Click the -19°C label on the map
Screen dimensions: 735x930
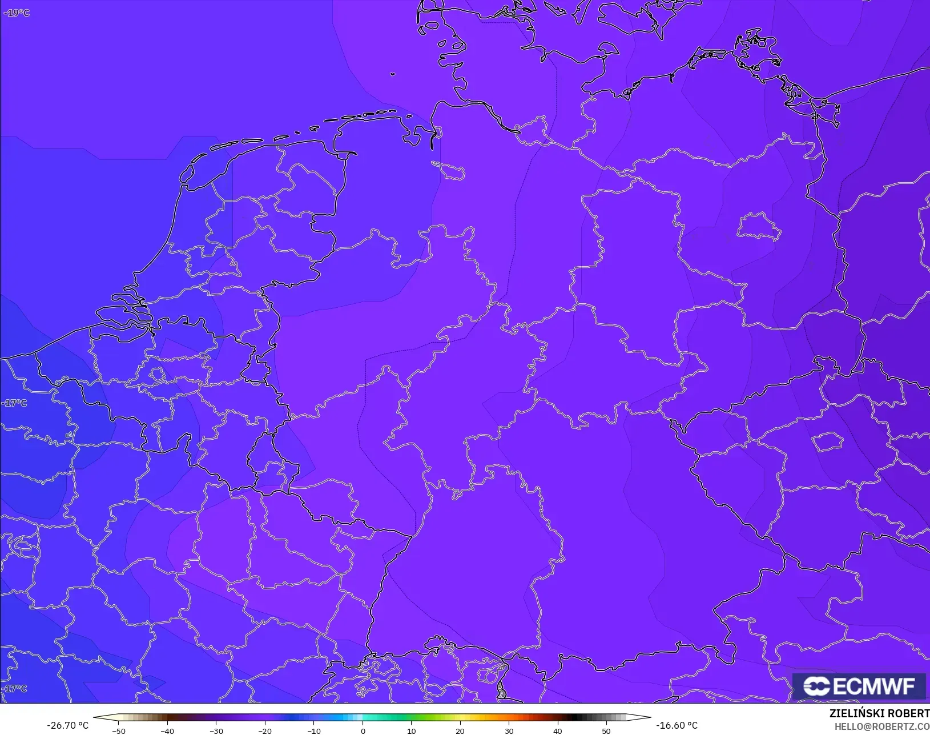tap(17, 13)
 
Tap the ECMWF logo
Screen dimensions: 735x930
tap(859, 686)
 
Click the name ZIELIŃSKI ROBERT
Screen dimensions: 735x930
tap(879, 714)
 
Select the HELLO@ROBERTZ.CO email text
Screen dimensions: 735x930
tap(882, 726)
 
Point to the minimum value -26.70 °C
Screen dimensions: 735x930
tap(67, 725)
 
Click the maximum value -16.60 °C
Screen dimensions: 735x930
tap(677, 725)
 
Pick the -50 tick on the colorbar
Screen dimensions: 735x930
tap(118, 730)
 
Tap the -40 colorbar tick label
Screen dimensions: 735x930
tap(167, 730)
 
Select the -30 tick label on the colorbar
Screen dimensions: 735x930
tap(216, 730)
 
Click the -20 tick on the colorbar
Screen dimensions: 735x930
tap(264, 730)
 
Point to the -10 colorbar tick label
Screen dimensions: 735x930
tap(313, 730)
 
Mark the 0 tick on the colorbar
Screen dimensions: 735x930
tap(363, 730)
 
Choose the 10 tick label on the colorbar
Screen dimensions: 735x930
tap(411, 730)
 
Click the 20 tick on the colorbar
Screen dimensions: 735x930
tap(460, 730)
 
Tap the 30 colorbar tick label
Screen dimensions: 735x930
tap(509, 730)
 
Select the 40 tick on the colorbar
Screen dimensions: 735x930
tap(558, 730)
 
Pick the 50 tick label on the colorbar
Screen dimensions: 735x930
tap(606, 730)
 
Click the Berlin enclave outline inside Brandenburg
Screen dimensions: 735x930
tap(758, 226)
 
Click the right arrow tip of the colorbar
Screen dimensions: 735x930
tap(650, 717)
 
